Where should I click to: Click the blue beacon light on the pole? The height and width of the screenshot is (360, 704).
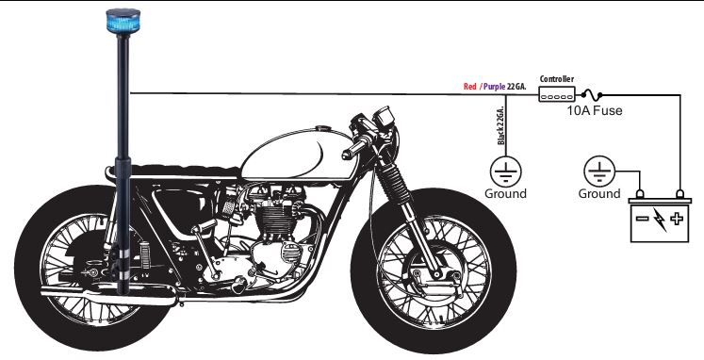pos(123,21)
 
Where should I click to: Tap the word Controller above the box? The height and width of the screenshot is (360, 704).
pos(557,79)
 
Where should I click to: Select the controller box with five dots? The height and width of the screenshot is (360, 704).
pos(557,95)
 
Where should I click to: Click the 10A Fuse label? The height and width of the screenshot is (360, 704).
pos(595,110)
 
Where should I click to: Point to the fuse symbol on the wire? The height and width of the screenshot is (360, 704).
pos(592,95)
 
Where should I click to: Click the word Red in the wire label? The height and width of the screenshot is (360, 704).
pos(469,86)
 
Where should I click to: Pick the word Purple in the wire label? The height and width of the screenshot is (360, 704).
pos(494,87)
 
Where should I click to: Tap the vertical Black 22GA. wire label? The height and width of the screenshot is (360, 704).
pos(501,125)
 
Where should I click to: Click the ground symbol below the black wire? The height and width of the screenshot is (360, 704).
pos(505,172)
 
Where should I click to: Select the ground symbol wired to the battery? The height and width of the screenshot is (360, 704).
pos(599,172)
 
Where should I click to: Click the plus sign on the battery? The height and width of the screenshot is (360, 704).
pos(677,219)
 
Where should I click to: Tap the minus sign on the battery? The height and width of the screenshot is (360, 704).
pos(642,219)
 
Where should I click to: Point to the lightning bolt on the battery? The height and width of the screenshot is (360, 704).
pos(659,220)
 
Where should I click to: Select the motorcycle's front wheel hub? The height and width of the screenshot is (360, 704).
pos(434,272)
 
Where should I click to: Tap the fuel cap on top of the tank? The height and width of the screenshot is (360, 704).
pos(322,129)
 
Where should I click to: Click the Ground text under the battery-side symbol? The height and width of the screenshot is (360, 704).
pos(599,194)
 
